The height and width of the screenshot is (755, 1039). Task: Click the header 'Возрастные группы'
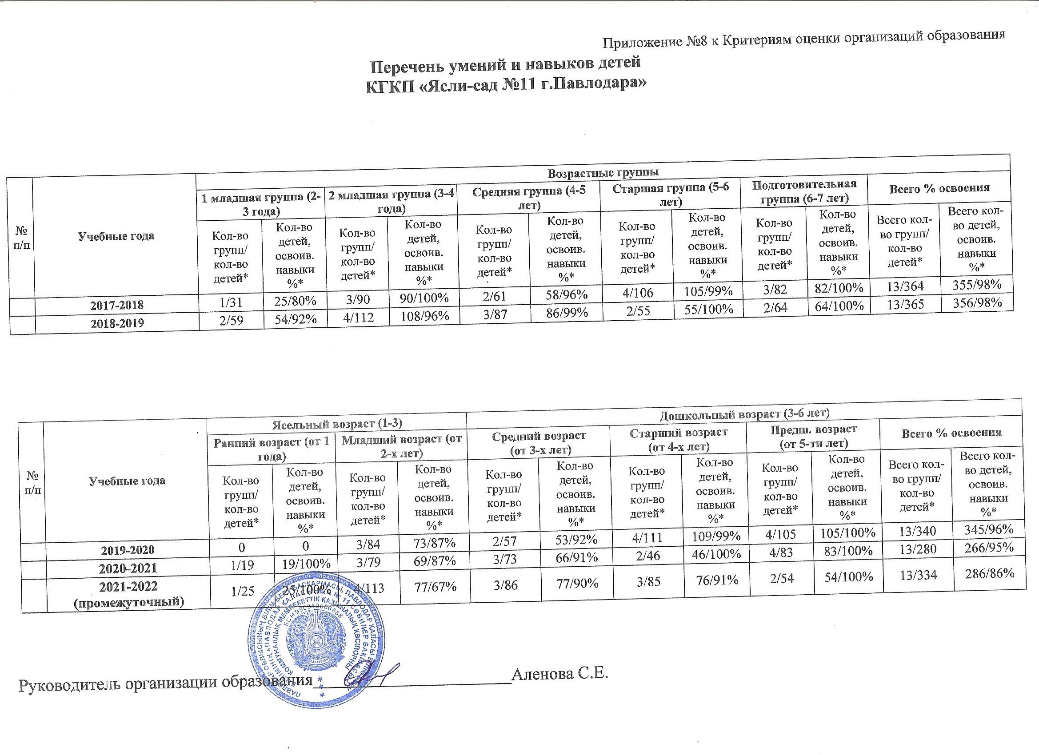[x=603, y=173]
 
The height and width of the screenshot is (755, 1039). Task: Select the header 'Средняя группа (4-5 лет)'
[x=529, y=198]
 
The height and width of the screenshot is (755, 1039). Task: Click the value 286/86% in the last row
[x=984, y=574]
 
